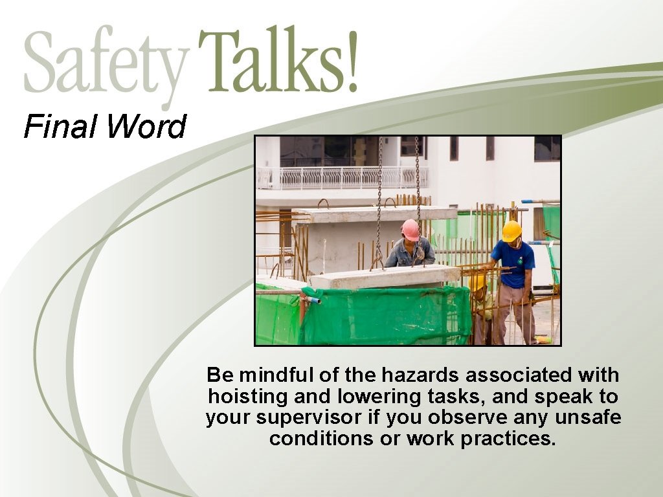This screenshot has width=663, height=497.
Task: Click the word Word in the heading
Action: [146, 126]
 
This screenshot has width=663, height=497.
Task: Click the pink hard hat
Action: [410, 229]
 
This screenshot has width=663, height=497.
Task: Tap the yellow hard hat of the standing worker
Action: [511, 230]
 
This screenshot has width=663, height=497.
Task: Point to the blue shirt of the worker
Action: [515, 262]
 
